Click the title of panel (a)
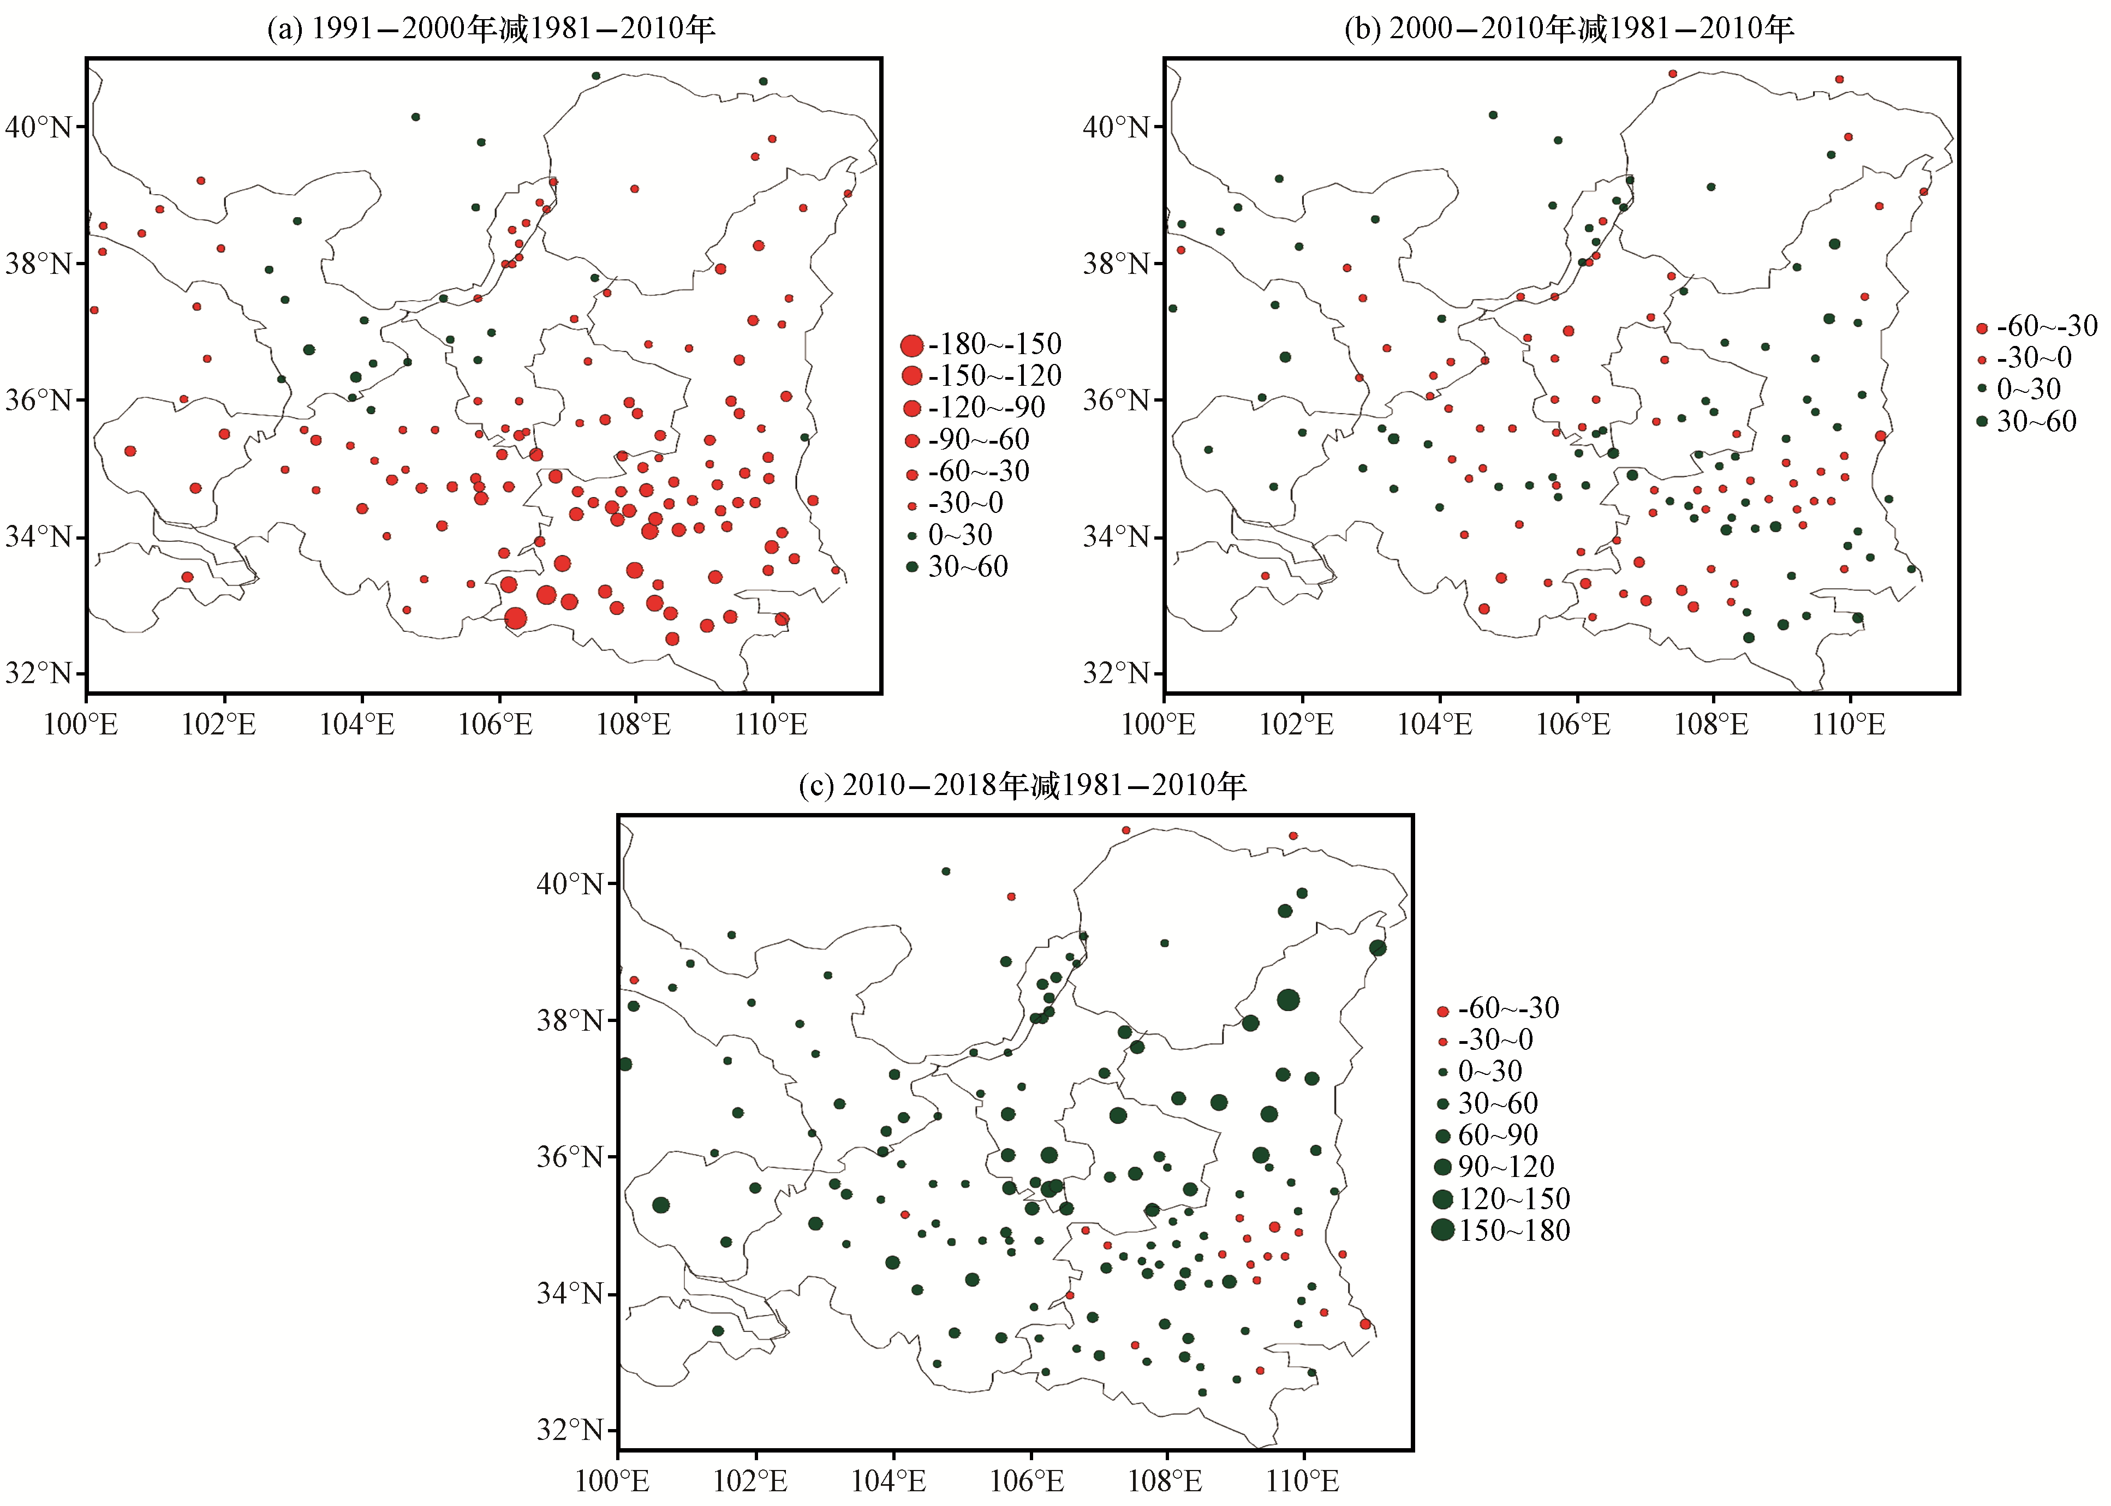pyautogui.click(x=492, y=29)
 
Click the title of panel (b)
pyautogui.click(x=1570, y=29)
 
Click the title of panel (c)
pyautogui.click(x=1023, y=785)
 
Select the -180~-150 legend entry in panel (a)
pyautogui.click(x=981, y=345)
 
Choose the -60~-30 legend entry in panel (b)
pyautogui.click(x=2038, y=326)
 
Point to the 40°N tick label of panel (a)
pyautogui.click(x=39, y=127)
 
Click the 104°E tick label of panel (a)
pyautogui.click(x=357, y=724)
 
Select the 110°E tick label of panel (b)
pyautogui.click(x=1850, y=724)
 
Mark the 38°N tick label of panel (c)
pyautogui.click(x=570, y=1021)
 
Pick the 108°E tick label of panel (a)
pyautogui.click(x=634, y=724)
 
